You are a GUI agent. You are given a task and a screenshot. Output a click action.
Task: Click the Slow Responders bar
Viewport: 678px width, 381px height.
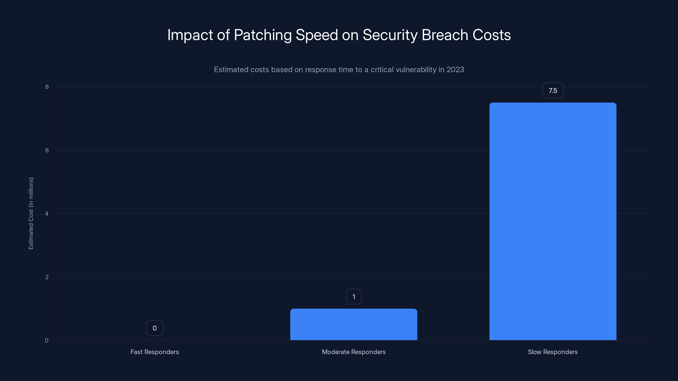[553, 221]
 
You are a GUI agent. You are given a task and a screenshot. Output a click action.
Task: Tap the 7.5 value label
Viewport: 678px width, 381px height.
[553, 91]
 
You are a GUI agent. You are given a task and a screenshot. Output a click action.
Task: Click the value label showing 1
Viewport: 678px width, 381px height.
[353, 297]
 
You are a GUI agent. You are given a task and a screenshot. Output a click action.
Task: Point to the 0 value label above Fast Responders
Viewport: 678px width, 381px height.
[154, 328]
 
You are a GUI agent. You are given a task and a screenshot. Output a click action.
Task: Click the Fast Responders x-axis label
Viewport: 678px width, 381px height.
[154, 352]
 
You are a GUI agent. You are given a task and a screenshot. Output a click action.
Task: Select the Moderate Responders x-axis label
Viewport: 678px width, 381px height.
[353, 352]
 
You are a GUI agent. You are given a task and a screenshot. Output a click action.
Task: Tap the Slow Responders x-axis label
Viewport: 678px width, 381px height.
[553, 352]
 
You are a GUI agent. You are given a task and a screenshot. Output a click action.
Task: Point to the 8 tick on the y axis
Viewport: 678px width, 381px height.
[47, 87]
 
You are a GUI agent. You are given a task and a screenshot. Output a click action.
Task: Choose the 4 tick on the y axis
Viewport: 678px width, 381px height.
[47, 214]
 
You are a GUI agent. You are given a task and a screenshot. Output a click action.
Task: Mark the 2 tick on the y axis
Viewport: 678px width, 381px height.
[47, 277]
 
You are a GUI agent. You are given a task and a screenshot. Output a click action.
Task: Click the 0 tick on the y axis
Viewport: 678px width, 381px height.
[47, 341]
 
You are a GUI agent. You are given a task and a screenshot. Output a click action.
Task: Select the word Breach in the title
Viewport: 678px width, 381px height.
[445, 35]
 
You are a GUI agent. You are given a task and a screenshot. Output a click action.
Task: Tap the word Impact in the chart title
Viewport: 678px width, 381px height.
[190, 35]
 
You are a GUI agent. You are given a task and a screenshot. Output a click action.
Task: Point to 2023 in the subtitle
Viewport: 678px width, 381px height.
[455, 70]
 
